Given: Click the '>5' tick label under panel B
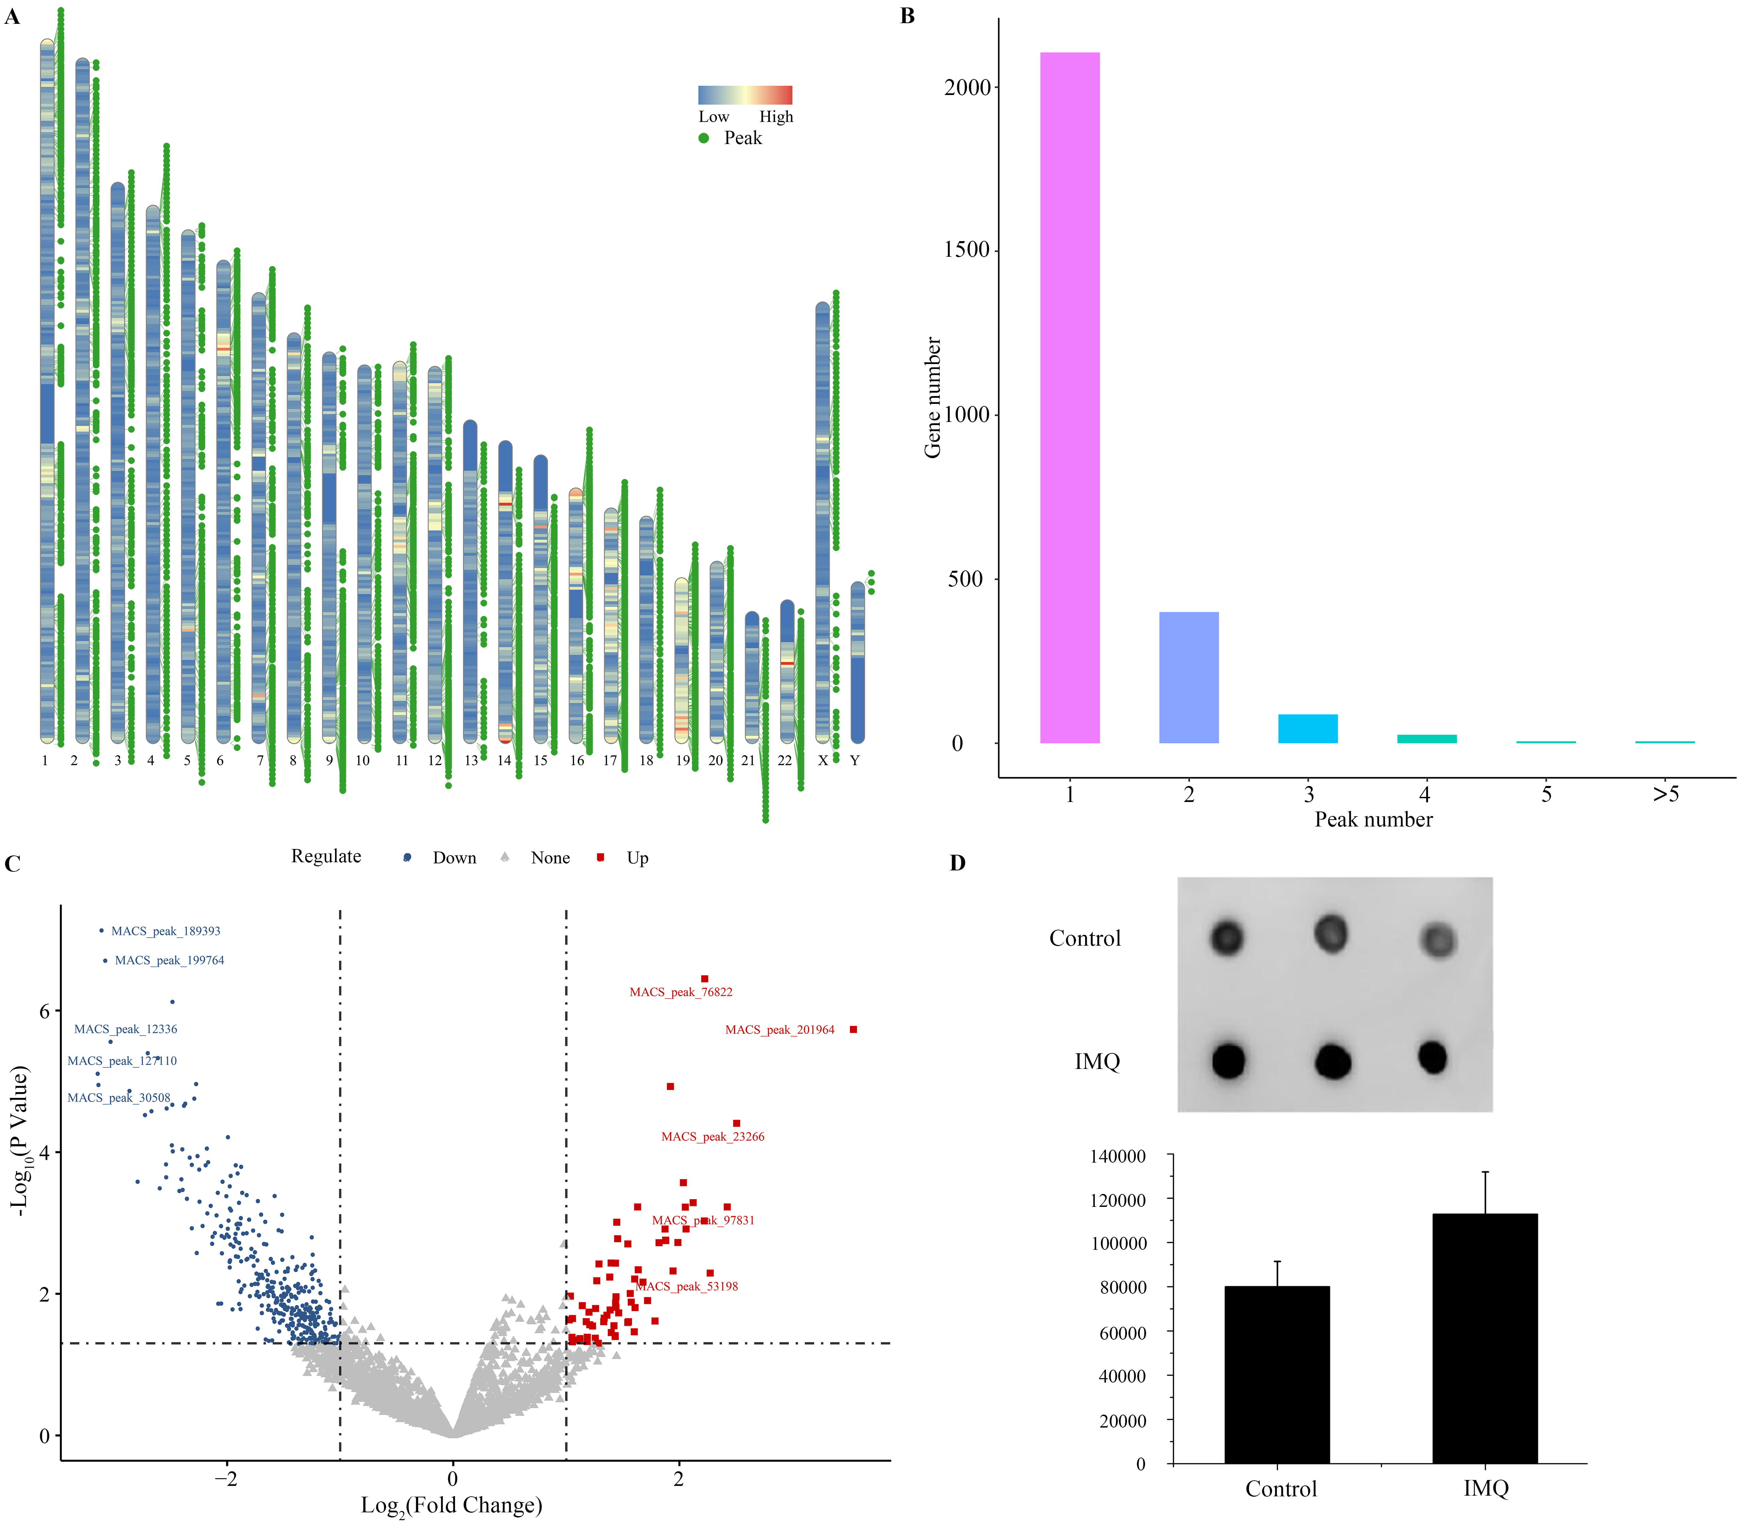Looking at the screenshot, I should click(1665, 795).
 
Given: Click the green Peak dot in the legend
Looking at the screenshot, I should click(704, 138).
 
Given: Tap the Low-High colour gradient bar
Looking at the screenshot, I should click(745, 95).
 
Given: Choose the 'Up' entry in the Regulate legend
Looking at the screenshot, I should click(637, 858).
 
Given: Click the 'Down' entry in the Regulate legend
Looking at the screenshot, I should click(454, 858).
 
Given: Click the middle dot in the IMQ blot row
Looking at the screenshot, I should click(1332, 1061).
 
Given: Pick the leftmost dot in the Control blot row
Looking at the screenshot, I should click(1227, 938).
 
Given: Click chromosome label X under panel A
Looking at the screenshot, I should click(823, 760).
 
